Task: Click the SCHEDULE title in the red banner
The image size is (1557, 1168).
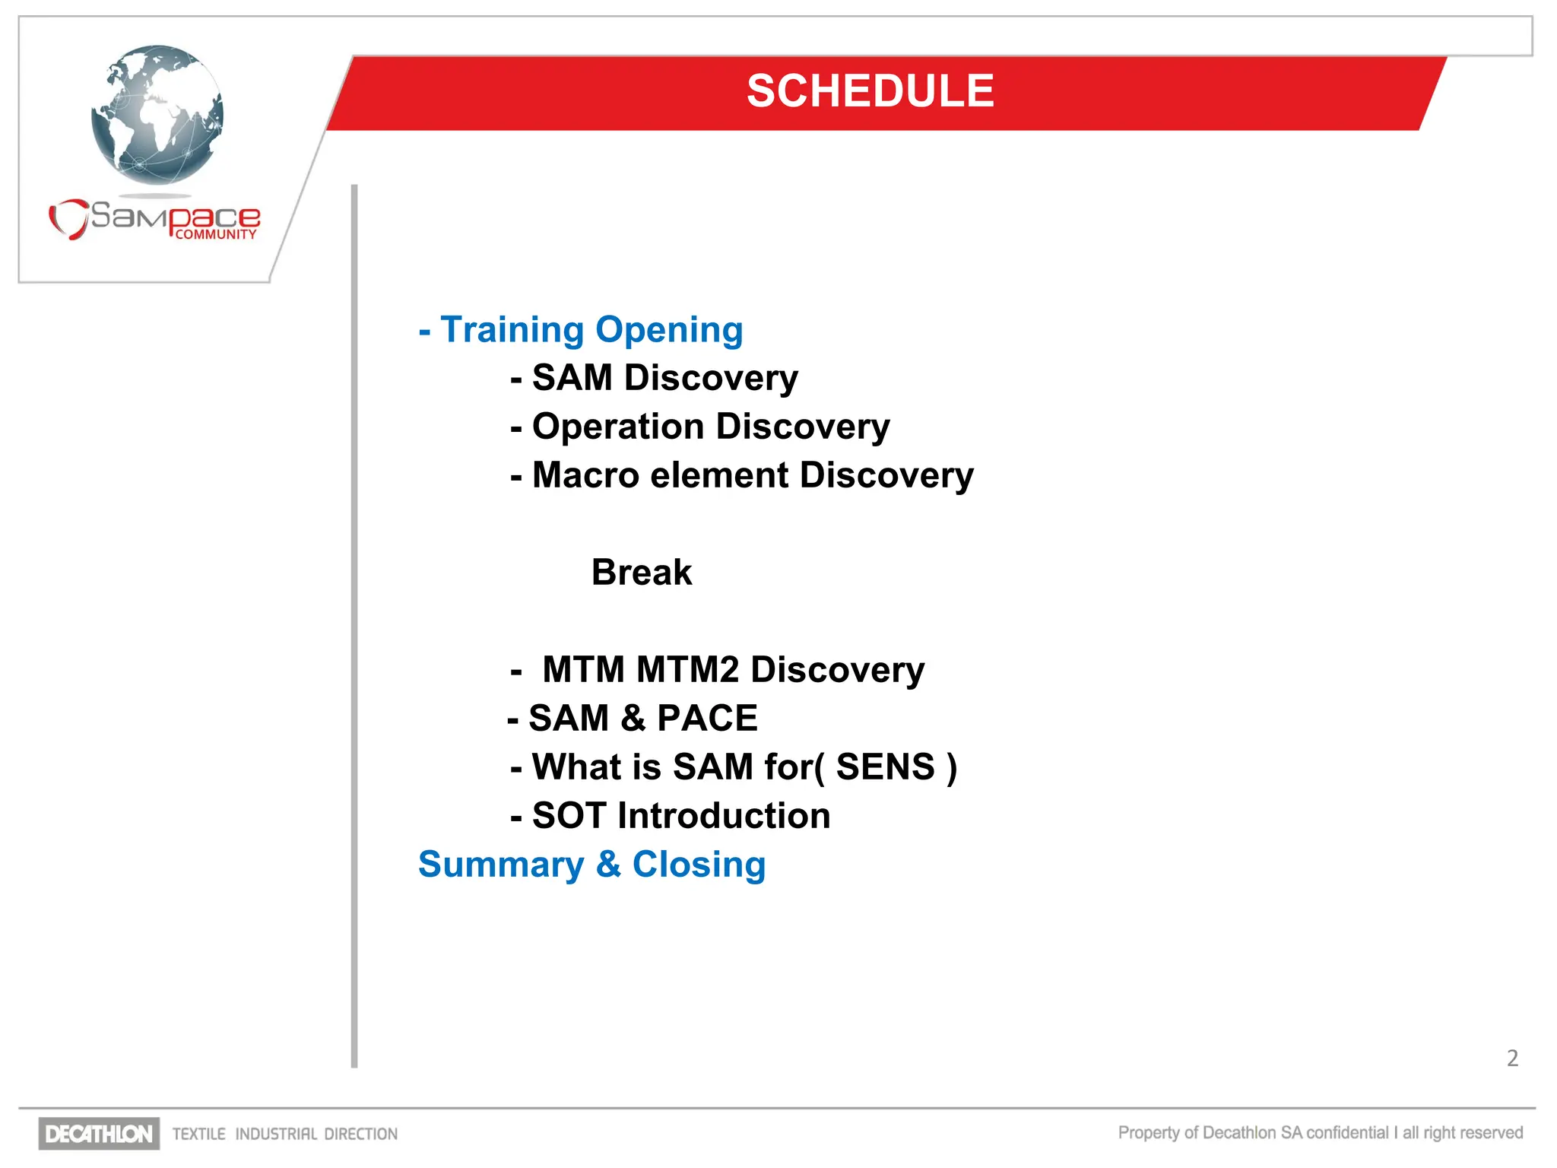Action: click(870, 91)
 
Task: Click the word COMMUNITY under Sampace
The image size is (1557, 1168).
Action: click(216, 235)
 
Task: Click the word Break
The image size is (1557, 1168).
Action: click(642, 573)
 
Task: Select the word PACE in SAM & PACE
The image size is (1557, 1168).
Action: click(707, 719)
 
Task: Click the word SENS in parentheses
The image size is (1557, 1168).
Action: click(885, 766)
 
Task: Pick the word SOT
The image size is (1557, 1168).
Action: click(569, 816)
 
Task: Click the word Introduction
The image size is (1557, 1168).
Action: click(724, 816)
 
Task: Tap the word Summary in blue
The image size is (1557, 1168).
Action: click(501, 865)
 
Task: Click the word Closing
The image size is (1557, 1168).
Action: click(699, 865)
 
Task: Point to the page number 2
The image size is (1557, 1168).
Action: click(1512, 1058)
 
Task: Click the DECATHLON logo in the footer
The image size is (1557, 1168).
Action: click(99, 1134)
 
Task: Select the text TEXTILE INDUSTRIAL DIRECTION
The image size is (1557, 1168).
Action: click(285, 1134)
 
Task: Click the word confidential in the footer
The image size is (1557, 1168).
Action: click(1347, 1133)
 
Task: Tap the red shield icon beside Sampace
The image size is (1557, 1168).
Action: click(68, 219)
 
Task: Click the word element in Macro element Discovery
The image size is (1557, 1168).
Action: click(719, 475)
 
